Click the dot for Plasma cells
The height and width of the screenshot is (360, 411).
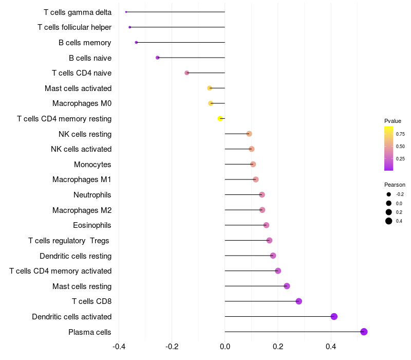click(x=364, y=332)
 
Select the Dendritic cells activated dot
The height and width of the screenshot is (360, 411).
click(x=334, y=316)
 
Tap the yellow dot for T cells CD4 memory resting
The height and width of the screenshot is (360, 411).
click(x=220, y=118)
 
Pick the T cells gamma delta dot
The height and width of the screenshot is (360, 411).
click(x=126, y=12)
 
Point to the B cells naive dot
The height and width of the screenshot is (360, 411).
click(x=158, y=58)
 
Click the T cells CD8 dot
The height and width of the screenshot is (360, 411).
click(x=298, y=301)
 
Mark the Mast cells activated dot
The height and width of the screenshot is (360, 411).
click(x=210, y=88)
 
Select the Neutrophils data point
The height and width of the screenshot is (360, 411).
click(x=262, y=194)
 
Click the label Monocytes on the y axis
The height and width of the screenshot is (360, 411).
click(x=92, y=165)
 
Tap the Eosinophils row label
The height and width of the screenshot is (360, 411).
click(x=92, y=225)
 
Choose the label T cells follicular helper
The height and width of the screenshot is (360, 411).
click(x=74, y=27)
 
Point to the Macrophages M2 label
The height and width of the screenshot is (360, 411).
click(x=82, y=210)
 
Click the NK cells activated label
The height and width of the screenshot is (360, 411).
click(x=81, y=149)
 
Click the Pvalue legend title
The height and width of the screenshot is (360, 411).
click(x=393, y=121)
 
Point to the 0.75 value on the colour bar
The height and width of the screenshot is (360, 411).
click(x=400, y=134)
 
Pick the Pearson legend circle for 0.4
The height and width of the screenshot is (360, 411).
click(x=389, y=221)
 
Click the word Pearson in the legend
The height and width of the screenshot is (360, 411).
click(x=395, y=185)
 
